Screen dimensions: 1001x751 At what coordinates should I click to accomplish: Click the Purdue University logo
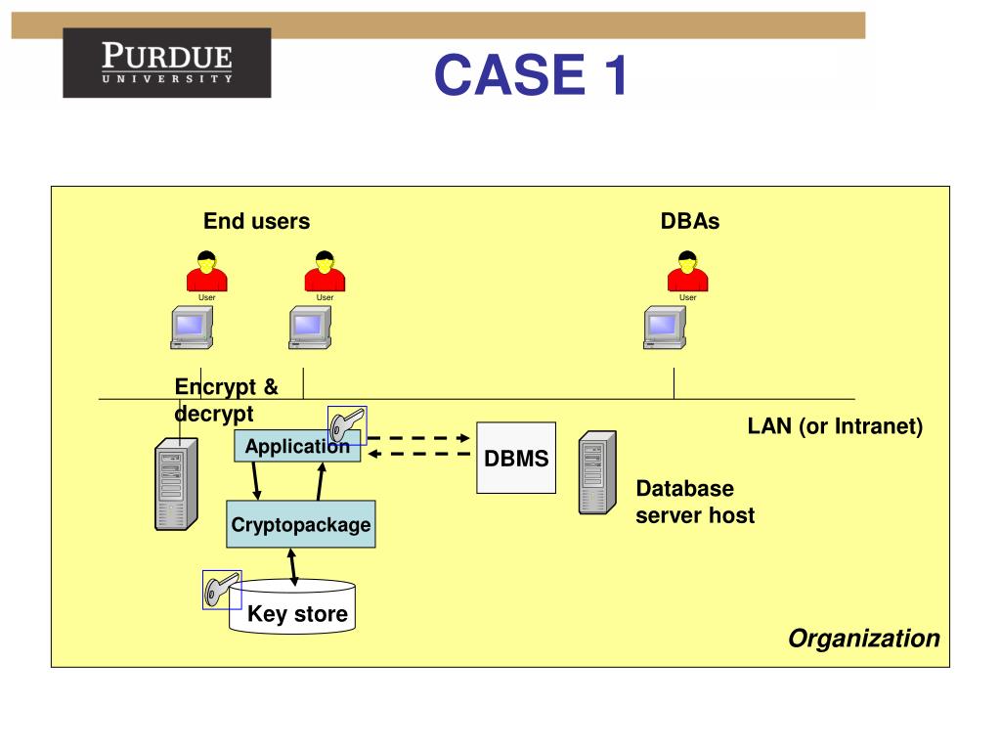click(166, 63)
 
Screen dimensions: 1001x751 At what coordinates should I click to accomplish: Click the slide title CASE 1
click(531, 74)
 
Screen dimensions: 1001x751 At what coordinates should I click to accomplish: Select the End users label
click(257, 221)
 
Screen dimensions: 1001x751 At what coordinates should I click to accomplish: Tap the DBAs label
click(690, 221)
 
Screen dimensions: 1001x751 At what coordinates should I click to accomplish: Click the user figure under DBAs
click(687, 272)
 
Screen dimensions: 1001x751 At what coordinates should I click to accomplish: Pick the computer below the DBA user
click(665, 328)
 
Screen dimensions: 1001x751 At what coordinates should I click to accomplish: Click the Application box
click(297, 446)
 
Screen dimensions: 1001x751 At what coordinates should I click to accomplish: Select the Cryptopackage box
click(301, 524)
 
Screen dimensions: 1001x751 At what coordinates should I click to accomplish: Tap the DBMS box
click(516, 458)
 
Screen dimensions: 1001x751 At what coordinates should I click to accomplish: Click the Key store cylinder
click(292, 607)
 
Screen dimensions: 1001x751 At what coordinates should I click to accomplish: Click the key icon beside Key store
click(222, 590)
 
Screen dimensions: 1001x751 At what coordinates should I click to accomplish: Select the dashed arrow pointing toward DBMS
click(418, 438)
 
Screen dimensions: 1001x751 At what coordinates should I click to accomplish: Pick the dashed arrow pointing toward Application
click(418, 454)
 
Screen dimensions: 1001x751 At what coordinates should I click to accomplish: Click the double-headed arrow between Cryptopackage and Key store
click(292, 567)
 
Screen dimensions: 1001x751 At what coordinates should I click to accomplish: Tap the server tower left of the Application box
click(176, 483)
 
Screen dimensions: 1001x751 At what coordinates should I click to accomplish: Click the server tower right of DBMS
click(597, 472)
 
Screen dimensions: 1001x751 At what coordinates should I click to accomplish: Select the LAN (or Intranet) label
click(835, 426)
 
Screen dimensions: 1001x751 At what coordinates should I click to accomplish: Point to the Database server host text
click(695, 502)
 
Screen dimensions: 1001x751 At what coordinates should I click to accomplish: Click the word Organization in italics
click(864, 638)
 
